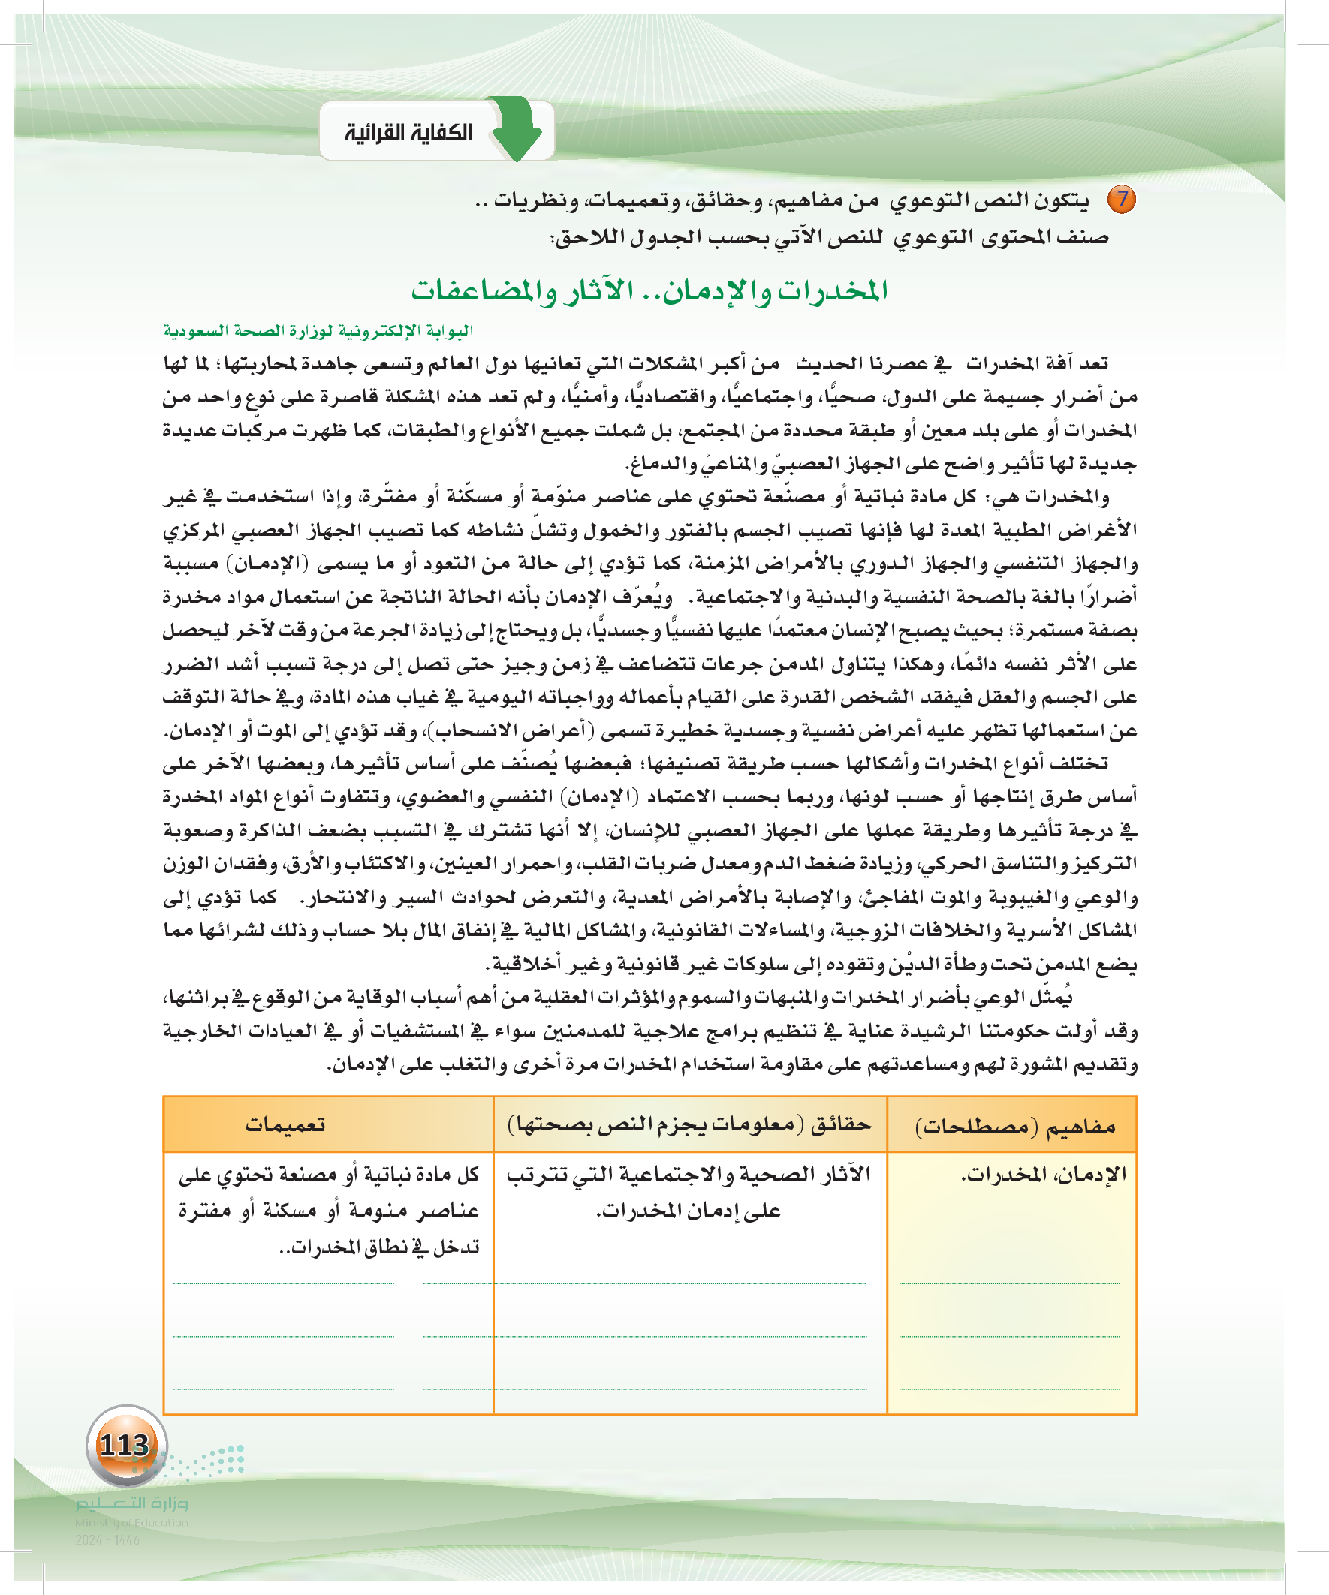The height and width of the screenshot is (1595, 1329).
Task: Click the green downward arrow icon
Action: [517, 129]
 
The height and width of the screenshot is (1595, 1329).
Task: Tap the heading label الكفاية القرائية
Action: [408, 133]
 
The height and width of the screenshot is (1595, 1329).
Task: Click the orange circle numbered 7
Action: [1121, 200]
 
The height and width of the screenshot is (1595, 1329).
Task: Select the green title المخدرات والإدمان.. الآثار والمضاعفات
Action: [649, 291]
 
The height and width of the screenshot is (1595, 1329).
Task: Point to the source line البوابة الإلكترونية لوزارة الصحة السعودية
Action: [318, 330]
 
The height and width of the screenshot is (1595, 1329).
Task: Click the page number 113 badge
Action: [125, 1445]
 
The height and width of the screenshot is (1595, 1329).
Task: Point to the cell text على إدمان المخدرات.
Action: [689, 1211]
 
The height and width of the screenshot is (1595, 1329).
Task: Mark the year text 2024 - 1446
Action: [107, 1539]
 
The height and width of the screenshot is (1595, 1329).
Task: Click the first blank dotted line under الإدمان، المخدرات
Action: [1009, 1282]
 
